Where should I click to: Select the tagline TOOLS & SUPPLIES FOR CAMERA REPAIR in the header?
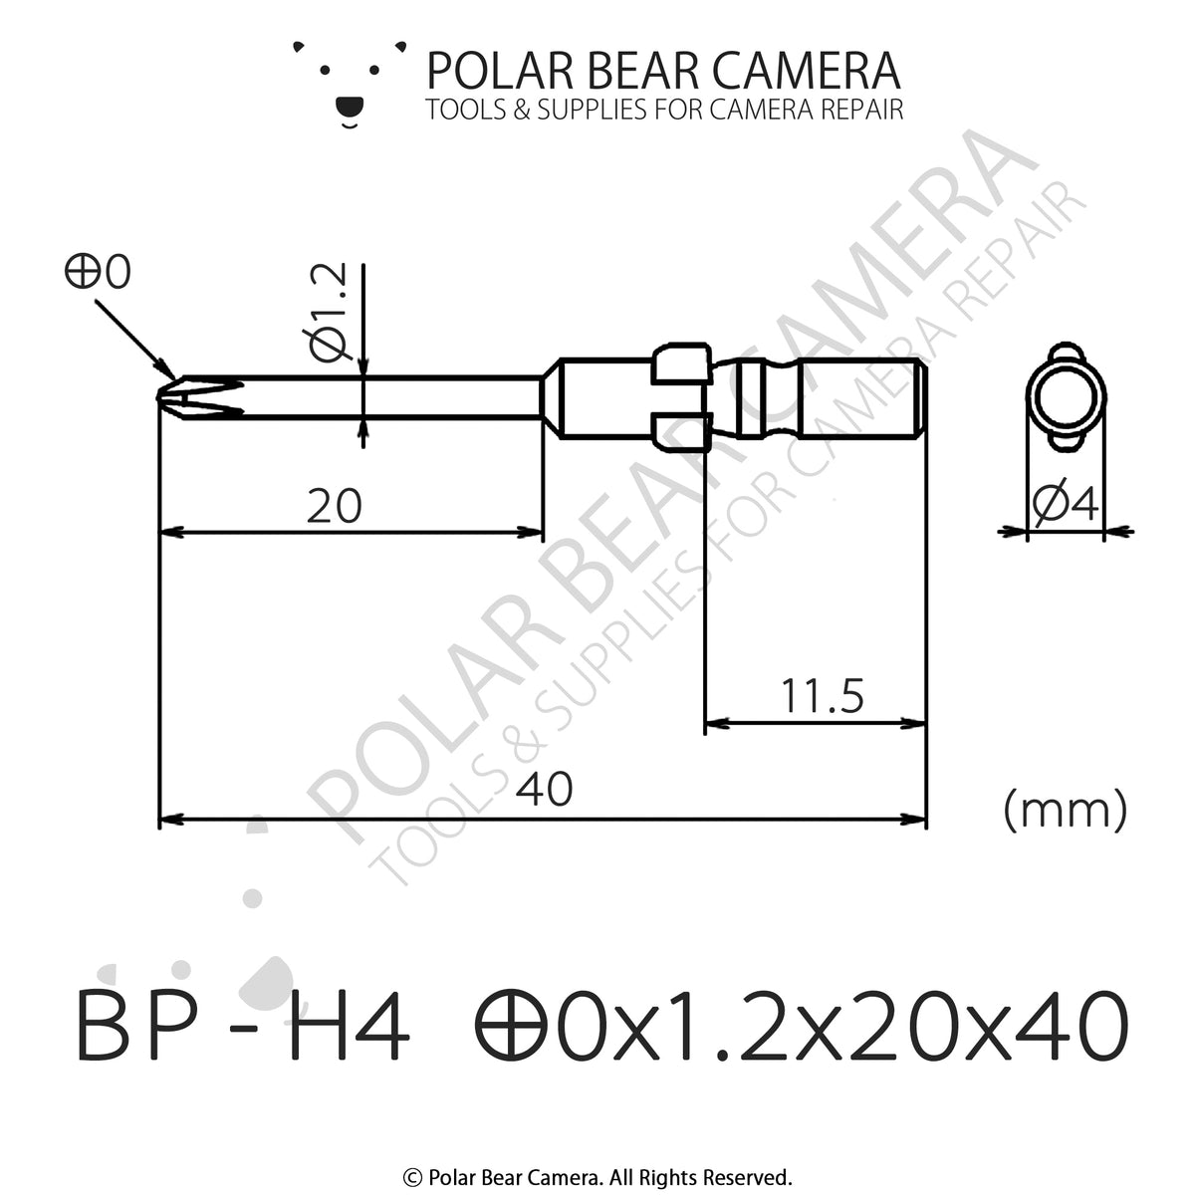coord(664,110)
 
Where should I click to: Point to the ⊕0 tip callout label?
coord(98,272)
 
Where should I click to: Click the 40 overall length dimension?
coord(545,790)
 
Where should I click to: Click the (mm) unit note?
coord(1065,810)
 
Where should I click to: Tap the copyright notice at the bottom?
coord(597,1176)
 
